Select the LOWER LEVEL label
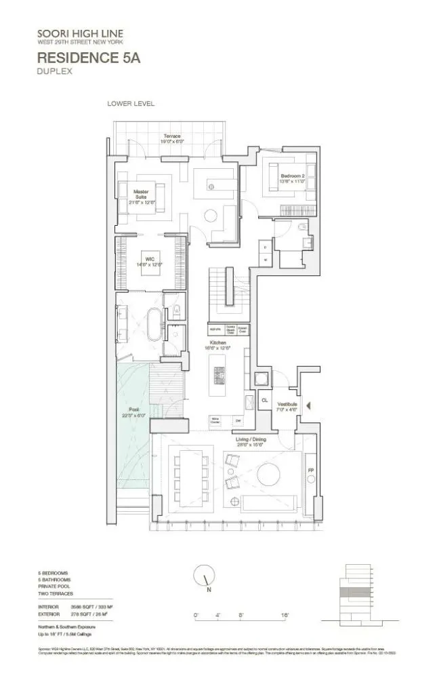click(131, 104)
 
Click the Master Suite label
click(140, 195)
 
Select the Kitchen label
click(217, 344)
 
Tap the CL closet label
click(264, 401)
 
